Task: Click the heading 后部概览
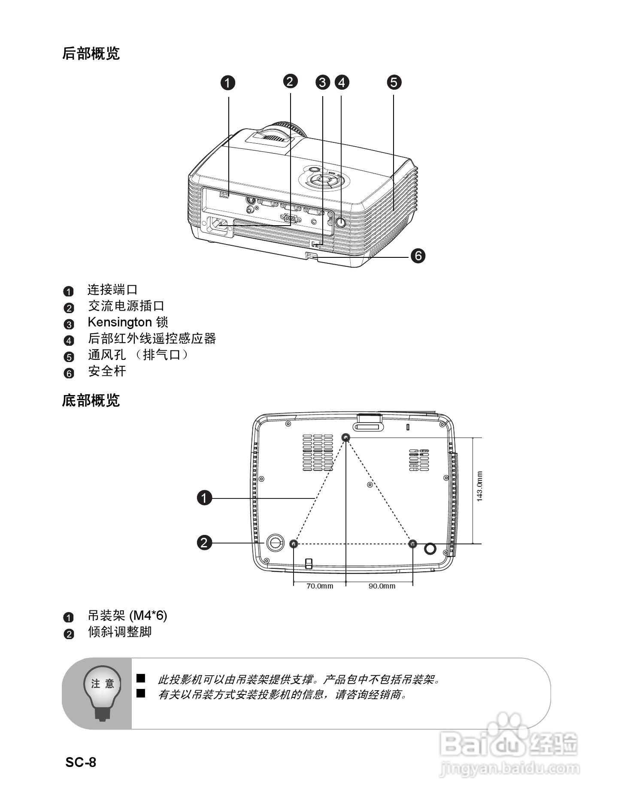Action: click(91, 54)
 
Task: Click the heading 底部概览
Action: click(91, 401)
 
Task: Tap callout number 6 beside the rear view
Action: click(418, 256)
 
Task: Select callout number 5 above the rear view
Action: click(394, 82)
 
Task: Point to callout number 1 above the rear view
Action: click(228, 83)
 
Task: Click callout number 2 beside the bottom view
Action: click(205, 543)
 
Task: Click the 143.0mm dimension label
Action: click(479, 486)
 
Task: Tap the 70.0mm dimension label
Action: click(320, 586)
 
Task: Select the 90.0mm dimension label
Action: click(382, 586)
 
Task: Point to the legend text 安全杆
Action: click(107, 371)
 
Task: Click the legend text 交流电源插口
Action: click(126, 306)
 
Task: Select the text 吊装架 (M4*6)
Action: click(127, 616)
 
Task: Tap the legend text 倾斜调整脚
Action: click(120, 632)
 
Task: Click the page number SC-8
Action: click(81, 762)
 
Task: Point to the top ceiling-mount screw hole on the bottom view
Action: click(346, 438)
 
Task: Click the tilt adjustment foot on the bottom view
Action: click(275, 543)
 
